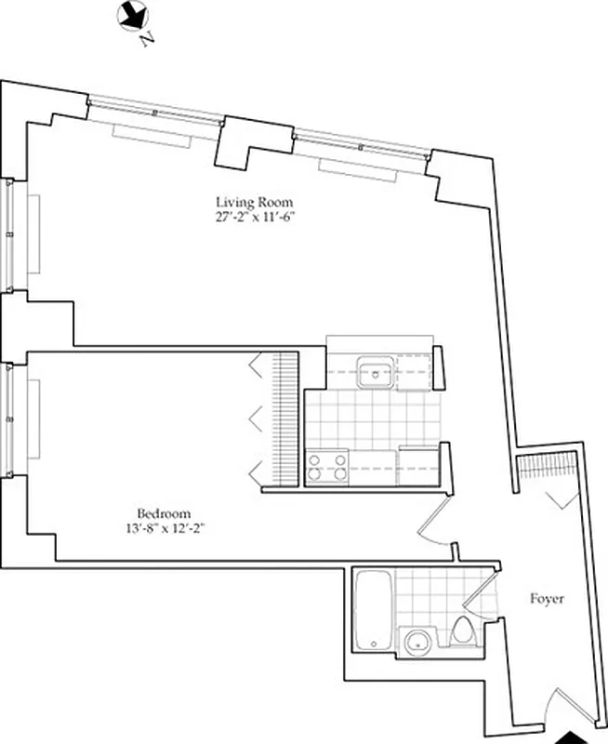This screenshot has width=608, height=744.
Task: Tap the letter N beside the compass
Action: (x=145, y=41)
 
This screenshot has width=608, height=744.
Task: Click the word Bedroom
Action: (x=164, y=513)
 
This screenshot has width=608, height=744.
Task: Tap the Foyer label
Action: (x=548, y=599)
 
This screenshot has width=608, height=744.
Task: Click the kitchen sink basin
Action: (x=375, y=373)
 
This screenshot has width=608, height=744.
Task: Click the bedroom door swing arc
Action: (x=430, y=525)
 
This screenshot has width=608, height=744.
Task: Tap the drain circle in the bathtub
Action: (x=371, y=643)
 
